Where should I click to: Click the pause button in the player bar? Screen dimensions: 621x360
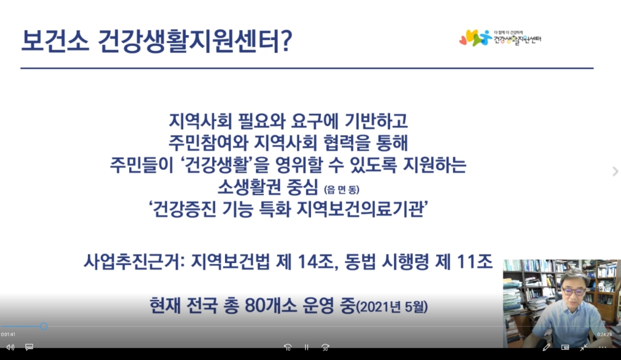pyautogui.click(x=306, y=347)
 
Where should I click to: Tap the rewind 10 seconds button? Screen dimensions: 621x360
pyautogui.click(x=288, y=347)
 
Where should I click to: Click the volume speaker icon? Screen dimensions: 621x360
pyautogui.click(x=10, y=347)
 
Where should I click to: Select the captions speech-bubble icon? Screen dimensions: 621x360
pyautogui.click(x=29, y=347)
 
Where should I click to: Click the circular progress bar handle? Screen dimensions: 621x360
pyautogui.click(x=44, y=327)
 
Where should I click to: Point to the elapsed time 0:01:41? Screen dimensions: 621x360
pyautogui.click(x=8, y=335)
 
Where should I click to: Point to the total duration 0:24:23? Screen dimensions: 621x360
pyautogui.click(x=605, y=335)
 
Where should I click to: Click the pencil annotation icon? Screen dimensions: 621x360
pyautogui.click(x=546, y=347)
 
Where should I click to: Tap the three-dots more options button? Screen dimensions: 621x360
pyautogui.click(x=602, y=347)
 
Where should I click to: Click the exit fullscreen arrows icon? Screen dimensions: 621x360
pyautogui.click(x=584, y=347)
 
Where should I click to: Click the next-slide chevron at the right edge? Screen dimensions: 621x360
pyautogui.click(x=615, y=172)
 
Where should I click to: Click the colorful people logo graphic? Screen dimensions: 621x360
pyautogui.click(x=475, y=38)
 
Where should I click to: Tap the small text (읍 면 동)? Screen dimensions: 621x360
pyautogui.click(x=342, y=190)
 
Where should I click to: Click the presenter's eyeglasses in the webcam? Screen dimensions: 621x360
pyautogui.click(x=573, y=292)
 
